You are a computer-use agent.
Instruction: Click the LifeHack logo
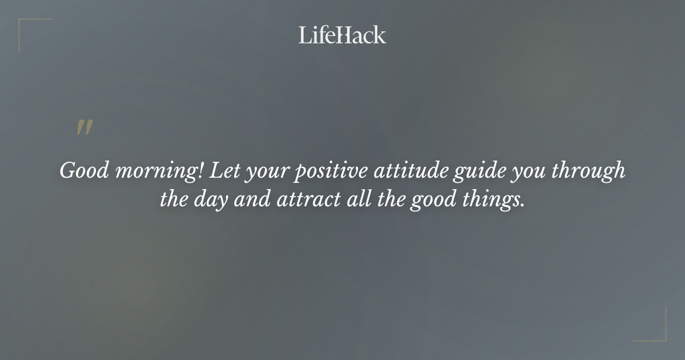click(342, 35)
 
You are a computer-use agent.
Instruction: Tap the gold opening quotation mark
click(84, 128)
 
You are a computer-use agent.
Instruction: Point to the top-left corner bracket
click(26, 26)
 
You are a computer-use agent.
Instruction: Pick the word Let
click(225, 170)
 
